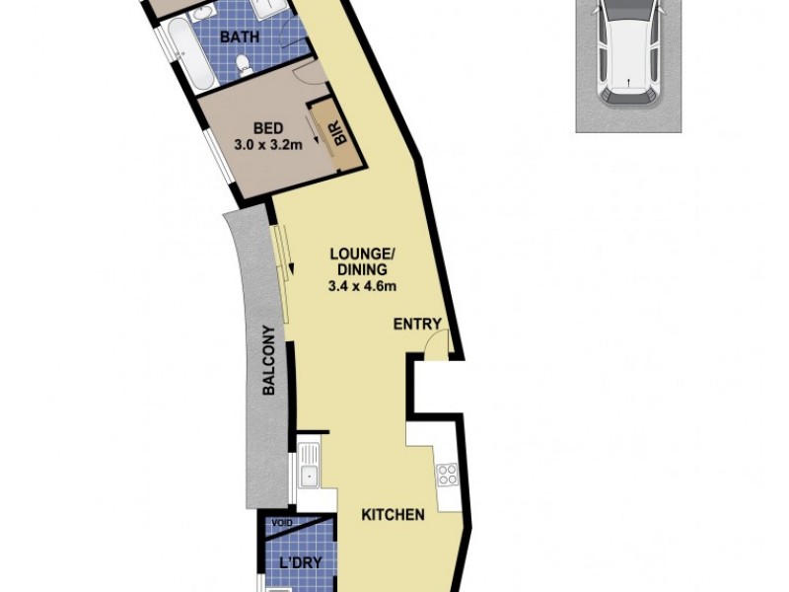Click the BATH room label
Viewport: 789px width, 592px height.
click(x=240, y=37)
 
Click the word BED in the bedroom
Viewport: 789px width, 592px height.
click(x=268, y=128)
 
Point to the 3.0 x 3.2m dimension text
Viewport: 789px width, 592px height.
click(x=268, y=145)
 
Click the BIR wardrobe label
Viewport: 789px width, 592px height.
click(x=339, y=134)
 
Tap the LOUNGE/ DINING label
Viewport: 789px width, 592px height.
click(x=360, y=260)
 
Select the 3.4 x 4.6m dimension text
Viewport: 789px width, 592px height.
click(x=362, y=287)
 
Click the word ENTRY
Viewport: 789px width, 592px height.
click(x=417, y=325)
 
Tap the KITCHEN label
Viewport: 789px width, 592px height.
click(x=393, y=514)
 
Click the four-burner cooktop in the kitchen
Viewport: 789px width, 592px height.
click(x=447, y=475)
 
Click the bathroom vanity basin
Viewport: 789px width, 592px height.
click(x=266, y=8)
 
